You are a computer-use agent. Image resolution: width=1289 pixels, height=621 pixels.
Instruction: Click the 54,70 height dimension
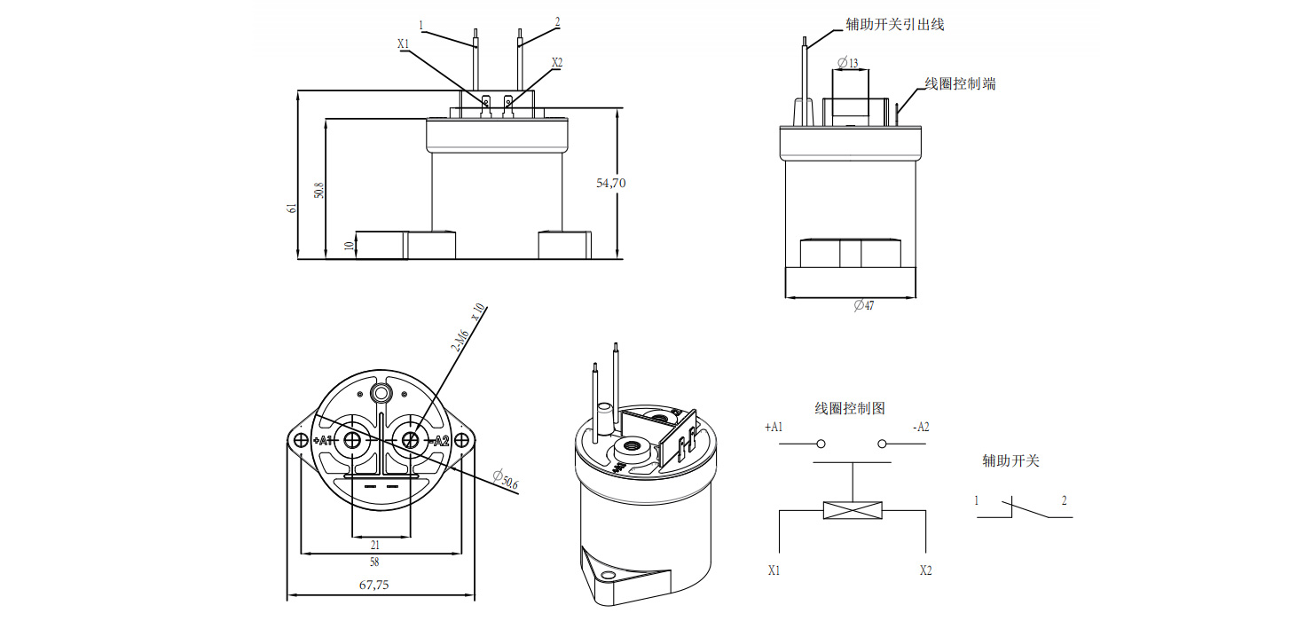611,184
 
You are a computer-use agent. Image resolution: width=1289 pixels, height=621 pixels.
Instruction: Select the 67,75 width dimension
373,585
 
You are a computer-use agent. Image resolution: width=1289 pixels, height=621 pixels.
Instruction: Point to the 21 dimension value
375,545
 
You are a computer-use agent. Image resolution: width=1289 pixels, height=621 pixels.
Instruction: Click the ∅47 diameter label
863,305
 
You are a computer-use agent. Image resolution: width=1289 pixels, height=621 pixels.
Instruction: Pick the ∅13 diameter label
848,64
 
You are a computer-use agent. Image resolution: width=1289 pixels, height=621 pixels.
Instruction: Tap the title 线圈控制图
850,408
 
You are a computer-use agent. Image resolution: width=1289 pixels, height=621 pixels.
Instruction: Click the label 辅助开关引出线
894,25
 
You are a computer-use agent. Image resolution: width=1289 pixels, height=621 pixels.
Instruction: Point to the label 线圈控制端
960,83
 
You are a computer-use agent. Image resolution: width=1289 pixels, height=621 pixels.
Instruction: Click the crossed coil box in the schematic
853,510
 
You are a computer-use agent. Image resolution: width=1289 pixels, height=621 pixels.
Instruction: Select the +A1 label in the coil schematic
774,427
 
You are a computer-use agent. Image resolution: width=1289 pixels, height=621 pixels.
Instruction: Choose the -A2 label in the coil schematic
921,427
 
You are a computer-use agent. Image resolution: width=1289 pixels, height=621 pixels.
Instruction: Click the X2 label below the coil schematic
926,570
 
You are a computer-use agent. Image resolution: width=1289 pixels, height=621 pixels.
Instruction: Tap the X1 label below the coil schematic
774,570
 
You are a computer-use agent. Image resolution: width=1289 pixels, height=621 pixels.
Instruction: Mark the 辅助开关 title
1010,461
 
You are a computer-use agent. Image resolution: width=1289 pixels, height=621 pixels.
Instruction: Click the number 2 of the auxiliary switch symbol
1065,500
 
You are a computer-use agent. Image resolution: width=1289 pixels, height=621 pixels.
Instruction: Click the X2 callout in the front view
557,62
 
